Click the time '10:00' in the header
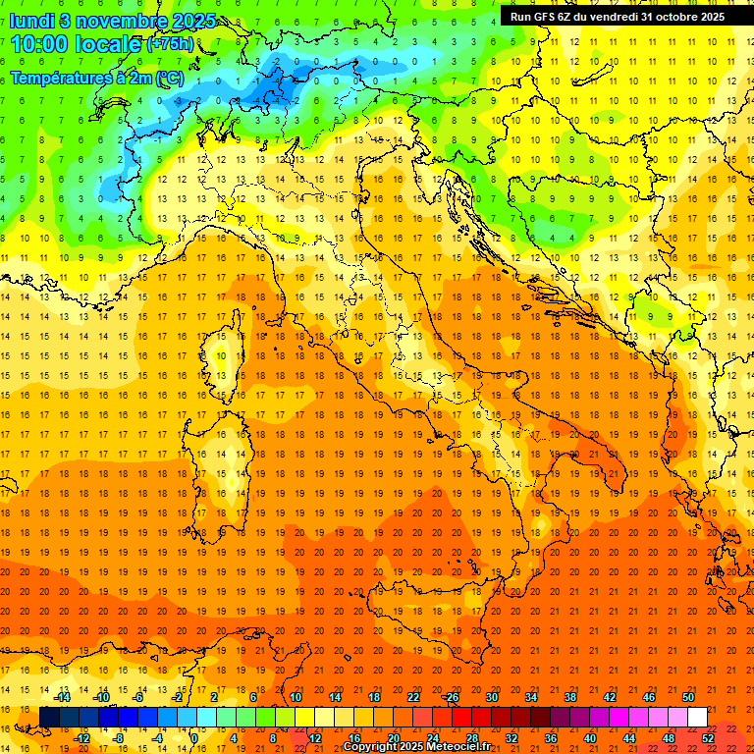coord(40,44)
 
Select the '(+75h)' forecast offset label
coord(170,44)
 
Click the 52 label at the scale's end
coord(708,738)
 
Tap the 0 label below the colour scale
coord(194,738)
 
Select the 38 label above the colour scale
coord(569,696)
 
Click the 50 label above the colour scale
coord(688,696)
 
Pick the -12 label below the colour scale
coord(81,738)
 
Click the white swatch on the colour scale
coord(697,718)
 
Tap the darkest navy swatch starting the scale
coord(49,718)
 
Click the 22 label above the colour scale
coord(413,696)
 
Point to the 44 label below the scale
coord(628,738)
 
